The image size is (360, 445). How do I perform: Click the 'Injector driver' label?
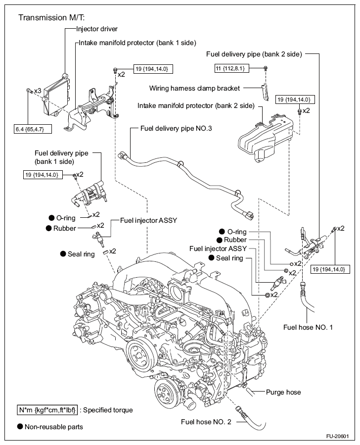pos(96,29)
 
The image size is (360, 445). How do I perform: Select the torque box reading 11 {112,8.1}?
pos(232,68)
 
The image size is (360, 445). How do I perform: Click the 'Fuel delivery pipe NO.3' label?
pos(176,129)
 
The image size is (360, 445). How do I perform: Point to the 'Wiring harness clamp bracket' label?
pos(194,88)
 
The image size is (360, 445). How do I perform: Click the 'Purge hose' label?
pos(283,392)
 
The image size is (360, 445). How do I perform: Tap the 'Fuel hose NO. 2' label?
pos(206,422)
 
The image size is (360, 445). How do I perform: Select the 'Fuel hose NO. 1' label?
pos(308,327)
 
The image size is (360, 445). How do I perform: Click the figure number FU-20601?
pos(337,436)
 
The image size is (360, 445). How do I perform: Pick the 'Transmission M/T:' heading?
pos(51,18)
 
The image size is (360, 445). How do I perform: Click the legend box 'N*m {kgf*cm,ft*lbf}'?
pos(47,410)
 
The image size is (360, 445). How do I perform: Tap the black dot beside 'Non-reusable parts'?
pos(20,427)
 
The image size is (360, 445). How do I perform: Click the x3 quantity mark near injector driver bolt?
pos(38,91)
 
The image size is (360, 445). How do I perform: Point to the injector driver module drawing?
pos(55,95)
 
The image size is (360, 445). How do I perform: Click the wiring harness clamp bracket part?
pos(265,92)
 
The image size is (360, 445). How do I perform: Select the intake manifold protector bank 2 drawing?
pos(266,138)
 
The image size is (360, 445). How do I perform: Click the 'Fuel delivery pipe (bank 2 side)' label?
pos(254,54)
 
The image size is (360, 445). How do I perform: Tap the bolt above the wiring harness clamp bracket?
pos(266,68)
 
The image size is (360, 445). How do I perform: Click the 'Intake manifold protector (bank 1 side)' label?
pos(137,43)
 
